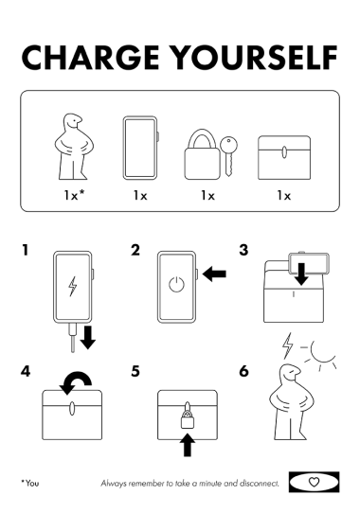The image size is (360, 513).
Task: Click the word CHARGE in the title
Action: coord(90,58)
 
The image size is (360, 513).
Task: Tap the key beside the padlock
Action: coord(228,156)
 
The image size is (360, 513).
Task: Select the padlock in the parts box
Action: coord(202,154)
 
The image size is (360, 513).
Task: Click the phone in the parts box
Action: coord(140,148)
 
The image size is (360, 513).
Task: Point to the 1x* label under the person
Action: coord(74,195)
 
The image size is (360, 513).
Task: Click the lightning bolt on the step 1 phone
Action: coord(72,286)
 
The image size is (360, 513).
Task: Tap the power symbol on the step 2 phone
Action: coord(176,284)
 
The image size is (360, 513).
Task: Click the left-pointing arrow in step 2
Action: coord(214,274)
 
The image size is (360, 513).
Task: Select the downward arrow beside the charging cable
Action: coord(87,337)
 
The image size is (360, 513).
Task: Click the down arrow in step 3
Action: coord(301,274)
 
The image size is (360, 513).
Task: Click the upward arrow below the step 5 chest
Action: coord(188,445)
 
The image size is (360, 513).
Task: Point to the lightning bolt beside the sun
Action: coord(288,345)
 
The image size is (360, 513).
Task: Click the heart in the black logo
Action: coord(314,482)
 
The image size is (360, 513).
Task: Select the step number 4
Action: coord(26,371)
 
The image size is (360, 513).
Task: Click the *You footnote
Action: coord(29,483)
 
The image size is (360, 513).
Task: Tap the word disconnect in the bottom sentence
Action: coord(260,483)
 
